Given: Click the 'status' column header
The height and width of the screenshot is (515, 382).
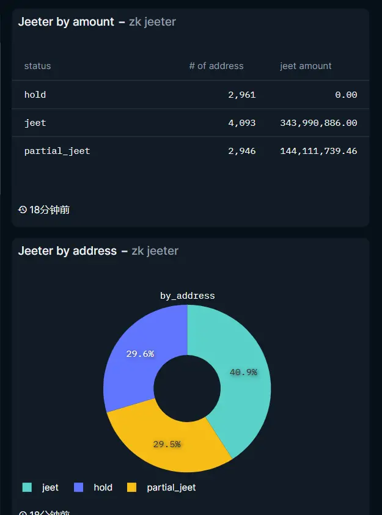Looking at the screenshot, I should tap(37, 66).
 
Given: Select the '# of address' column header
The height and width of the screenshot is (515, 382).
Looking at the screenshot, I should tap(216, 66).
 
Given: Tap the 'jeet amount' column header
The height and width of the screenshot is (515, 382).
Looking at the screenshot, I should tap(306, 66).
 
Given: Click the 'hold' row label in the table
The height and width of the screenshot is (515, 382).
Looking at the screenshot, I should tap(35, 95).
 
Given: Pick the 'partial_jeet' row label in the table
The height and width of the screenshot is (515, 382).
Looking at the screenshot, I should tap(57, 151).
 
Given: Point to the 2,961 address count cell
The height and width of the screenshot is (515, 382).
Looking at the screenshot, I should tap(241, 95).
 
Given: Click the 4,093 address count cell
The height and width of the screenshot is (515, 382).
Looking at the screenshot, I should tap(241, 123).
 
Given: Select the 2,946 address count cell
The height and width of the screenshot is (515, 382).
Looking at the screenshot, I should tap(241, 151).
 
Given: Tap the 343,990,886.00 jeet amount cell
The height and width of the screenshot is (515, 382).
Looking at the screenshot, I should tap(318, 123).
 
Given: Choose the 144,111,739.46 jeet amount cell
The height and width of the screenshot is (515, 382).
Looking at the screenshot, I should tap(318, 151).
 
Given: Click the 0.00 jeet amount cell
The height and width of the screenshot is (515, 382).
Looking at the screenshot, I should tap(346, 95).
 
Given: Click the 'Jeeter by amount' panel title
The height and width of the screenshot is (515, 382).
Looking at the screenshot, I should tap(66, 22).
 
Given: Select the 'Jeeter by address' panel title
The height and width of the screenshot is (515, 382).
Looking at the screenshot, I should tap(67, 251).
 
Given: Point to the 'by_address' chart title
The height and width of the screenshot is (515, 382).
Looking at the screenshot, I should tap(187, 296).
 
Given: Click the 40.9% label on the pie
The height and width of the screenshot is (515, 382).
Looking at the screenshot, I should tap(243, 372).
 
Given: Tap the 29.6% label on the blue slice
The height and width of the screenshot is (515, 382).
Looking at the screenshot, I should tap(140, 354).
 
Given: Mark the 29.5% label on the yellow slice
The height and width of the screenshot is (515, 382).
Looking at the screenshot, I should tap(167, 444).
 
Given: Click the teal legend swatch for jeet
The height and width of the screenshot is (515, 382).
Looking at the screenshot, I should tap(27, 488).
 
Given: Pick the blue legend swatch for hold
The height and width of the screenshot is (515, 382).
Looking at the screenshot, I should tap(78, 488).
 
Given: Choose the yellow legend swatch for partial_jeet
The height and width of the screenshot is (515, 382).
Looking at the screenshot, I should tap(131, 488).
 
